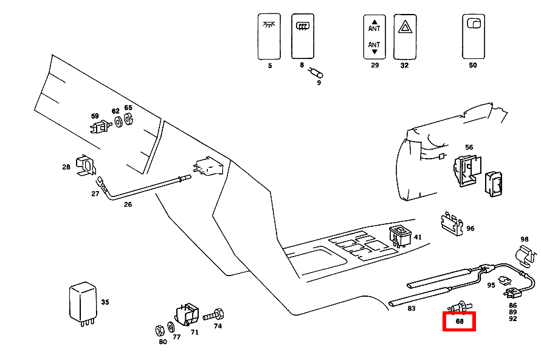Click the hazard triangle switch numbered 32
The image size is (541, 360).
point(404,36)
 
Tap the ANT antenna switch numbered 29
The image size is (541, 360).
point(374,36)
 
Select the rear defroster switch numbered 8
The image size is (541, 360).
point(302,36)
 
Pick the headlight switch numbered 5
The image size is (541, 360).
point(269,36)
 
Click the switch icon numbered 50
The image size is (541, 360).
point(473,36)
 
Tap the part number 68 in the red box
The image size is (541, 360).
point(460,322)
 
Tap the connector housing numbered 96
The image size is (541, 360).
point(451,223)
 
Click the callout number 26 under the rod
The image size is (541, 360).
point(128,204)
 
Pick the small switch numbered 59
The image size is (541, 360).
point(98,127)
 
